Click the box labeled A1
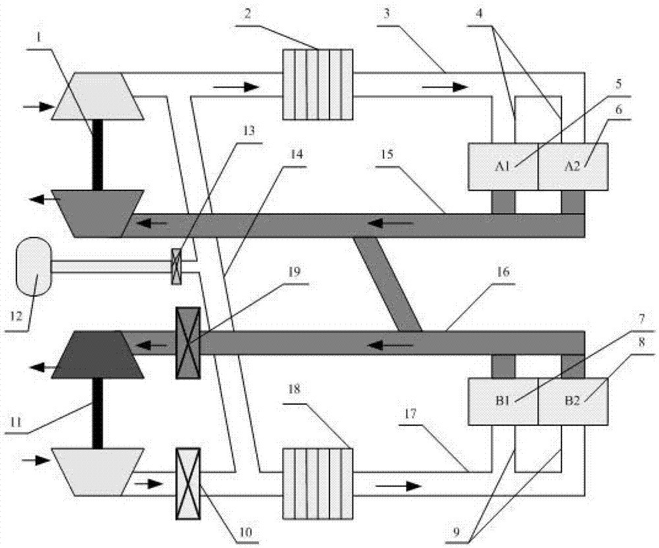pyautogui.click(x=503, y=167)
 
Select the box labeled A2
pyautogui.click(x=573, y=167)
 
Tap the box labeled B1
pyautogui.click(x=503, y=401)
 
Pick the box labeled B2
pyautogui.click(x=573, y=401)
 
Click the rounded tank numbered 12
pyautogui.click(x=33, y=266)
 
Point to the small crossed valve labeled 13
pyautogui.click(x=177, y=266)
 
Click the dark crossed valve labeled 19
pyautogui.click(x=187, y=343)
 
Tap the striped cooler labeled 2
pyautogui.click(x=318, y=84)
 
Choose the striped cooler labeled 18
pyautogui.click(x=318, y=484)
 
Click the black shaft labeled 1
pyautogui.click(x=98, y=155)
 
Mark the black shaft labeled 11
pyautogui.click(x=98, y=413)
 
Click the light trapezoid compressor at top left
pyautogui.click(x=98, y=96)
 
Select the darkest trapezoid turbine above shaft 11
pyautogui.click(x=98, y=355)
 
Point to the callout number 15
pyautogui.click(x=387, y=154)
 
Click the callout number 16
pyautogui.click(x=503, y=272)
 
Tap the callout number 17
pyautogui.click(x=410, y=413)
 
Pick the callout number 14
pyautogui.click(x=296, y=154)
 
